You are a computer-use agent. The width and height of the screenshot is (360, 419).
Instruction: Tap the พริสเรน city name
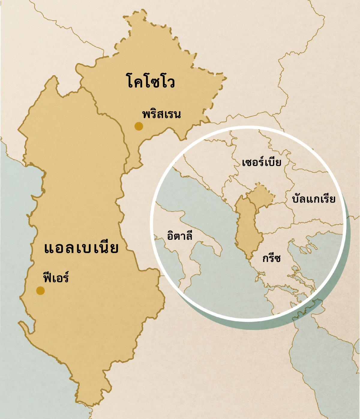click(161, 114)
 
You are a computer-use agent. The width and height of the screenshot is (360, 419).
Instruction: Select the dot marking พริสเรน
click(139, 126)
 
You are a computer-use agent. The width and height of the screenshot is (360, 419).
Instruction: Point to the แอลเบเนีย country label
click(81, 248)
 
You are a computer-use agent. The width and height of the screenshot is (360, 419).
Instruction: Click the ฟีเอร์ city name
click(56, 278)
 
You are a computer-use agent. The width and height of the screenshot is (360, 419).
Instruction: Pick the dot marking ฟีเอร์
click(40, 290)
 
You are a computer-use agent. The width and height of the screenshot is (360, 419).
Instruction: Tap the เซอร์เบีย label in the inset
click(262, 162)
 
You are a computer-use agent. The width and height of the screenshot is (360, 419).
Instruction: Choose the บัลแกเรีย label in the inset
click(313, 199)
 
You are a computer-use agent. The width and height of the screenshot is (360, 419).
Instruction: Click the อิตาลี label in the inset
click(180, 236)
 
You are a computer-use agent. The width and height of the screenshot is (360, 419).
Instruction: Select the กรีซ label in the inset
click(271, 258)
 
